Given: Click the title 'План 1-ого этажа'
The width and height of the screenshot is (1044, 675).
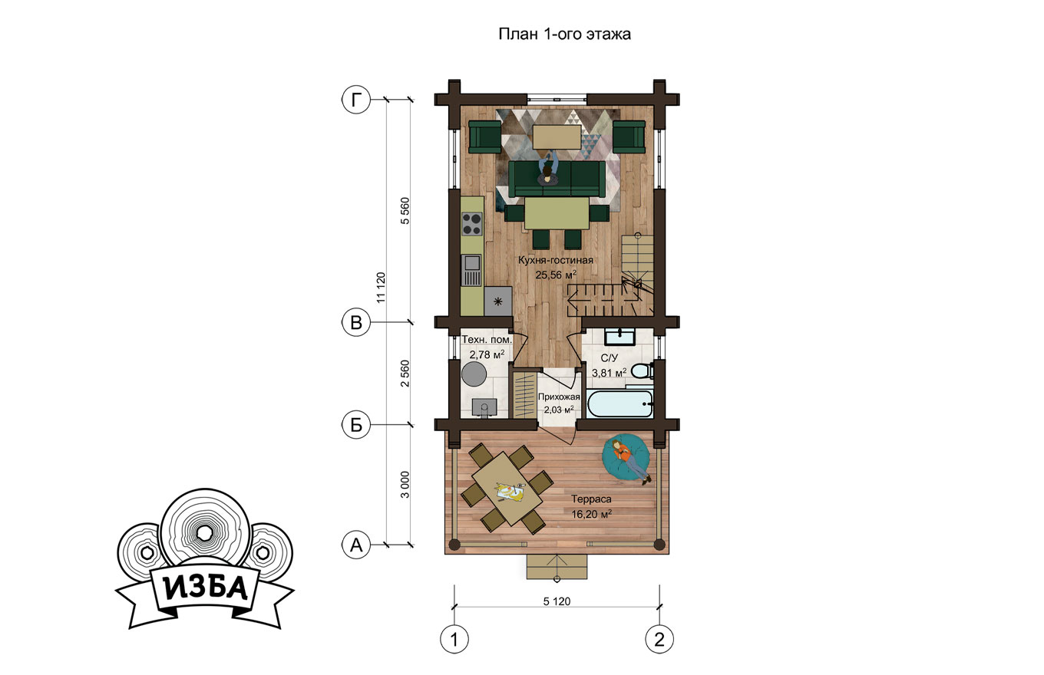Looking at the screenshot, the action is [564, 34].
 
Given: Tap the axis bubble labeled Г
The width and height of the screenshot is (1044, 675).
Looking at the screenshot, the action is [356, 100].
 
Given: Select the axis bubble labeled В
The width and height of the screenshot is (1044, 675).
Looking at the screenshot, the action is [356, 322].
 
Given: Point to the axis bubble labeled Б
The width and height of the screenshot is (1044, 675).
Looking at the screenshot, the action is [356, 425].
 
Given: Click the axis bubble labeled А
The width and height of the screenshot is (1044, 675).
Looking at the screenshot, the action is [356, 544].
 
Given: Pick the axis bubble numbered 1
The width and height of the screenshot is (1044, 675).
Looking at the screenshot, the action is [454, 639].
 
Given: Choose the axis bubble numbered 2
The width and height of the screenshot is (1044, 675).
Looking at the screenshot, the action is [659, 639].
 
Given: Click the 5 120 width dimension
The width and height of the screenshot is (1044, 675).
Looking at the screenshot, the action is [557, 601].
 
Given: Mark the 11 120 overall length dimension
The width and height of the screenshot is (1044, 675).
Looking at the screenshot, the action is [382, 288].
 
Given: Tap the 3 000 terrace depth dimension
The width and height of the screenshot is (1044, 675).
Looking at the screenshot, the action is [405, 485].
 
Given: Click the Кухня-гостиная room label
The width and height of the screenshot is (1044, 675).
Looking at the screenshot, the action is [556, 260].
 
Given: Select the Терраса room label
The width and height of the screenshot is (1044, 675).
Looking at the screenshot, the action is [591, 499].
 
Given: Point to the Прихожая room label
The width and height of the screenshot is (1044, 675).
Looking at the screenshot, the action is [559, 397].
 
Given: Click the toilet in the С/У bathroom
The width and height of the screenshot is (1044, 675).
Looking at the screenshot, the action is [643, 371].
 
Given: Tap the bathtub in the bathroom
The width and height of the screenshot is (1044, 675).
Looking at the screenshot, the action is [619, 404].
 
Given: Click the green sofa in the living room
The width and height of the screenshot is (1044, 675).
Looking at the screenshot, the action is [557, 179].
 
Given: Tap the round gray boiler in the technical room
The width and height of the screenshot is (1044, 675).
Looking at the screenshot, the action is [474, 373].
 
